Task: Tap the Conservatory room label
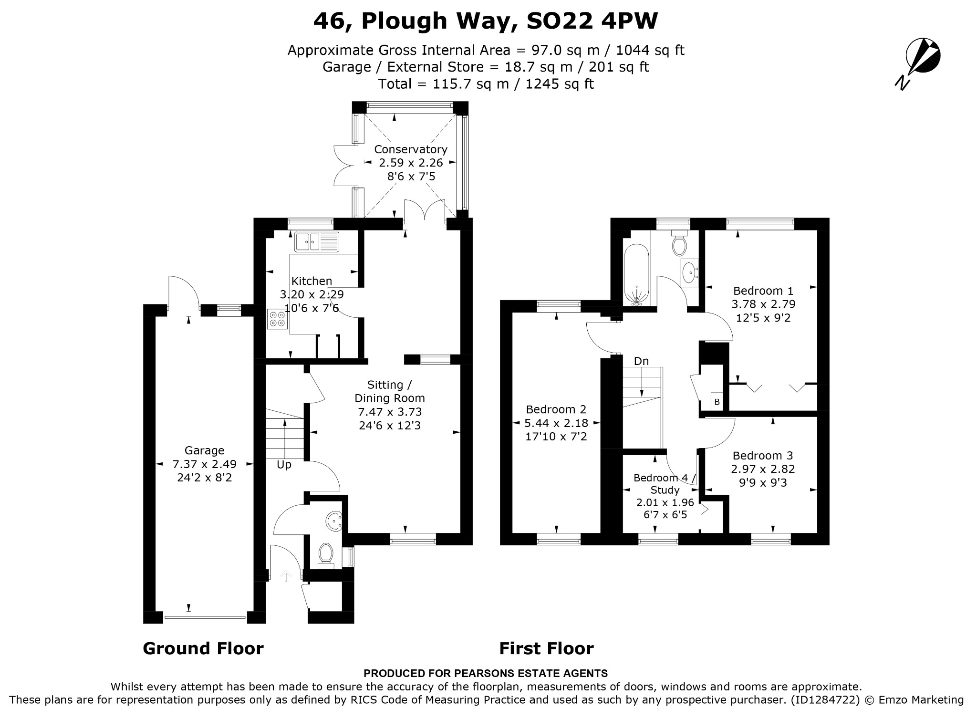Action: coord(410,149)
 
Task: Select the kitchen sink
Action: coord(316,242)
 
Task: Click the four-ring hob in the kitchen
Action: coord(278,319)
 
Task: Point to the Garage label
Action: coord(204,450)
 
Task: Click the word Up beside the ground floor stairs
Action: coord(284,465)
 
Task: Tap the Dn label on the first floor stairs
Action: coord(641,361)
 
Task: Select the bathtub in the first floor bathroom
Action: coord(636,275)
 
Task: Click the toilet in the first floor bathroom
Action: coord(679,243)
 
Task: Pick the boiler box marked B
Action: coord(717,402)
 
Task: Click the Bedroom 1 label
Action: coord(763,291)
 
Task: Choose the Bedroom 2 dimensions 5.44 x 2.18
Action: coord(556,423)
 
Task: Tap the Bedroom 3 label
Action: coord(763,456)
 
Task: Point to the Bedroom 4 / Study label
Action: coord(665,484)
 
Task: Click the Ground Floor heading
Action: coord(203,648)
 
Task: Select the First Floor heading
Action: coord(546,648)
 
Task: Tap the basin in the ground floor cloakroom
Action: coord(334,521)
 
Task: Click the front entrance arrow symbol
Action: coord(285,576)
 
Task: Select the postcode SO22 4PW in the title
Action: coord(592,21)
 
